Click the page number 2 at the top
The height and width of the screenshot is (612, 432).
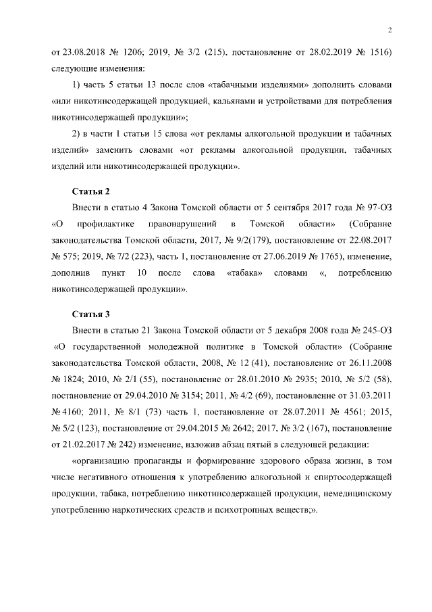tap(390, 29)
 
